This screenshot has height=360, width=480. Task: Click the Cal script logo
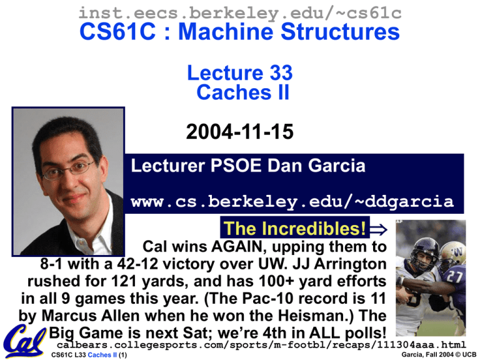click(24, 341)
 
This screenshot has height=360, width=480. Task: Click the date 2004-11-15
click(240, 132)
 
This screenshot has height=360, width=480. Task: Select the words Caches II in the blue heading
click(242, 92)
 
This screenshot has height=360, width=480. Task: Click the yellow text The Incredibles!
click(294, 228)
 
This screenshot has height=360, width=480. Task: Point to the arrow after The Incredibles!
click(378, 229)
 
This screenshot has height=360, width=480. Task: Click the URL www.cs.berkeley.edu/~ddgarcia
click(292, 202)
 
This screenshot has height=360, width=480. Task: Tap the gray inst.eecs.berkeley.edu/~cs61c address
click(240, 13)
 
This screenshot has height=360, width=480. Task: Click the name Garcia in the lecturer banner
click(337, 166)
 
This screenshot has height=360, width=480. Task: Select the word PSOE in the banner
click(236, 166)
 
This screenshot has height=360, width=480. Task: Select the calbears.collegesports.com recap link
click(261, 345)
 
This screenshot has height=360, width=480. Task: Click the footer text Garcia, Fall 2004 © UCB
click(439, 355)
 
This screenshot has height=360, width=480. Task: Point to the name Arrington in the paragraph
click(350, 264)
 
